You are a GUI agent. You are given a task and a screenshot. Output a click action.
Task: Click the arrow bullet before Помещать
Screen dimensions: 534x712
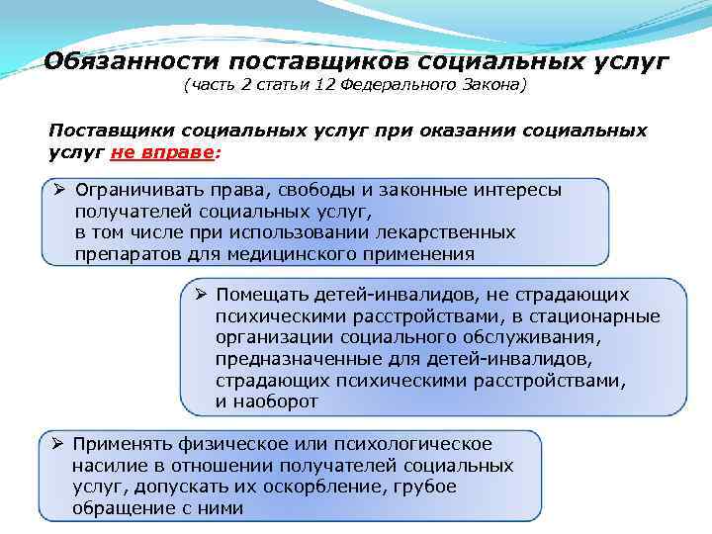click(x=200, y=295)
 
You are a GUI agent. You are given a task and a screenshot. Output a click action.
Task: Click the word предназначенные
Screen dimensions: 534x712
click(x=294, y=358)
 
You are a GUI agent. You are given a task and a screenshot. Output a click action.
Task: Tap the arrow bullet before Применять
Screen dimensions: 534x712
click(x=58, y=444)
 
